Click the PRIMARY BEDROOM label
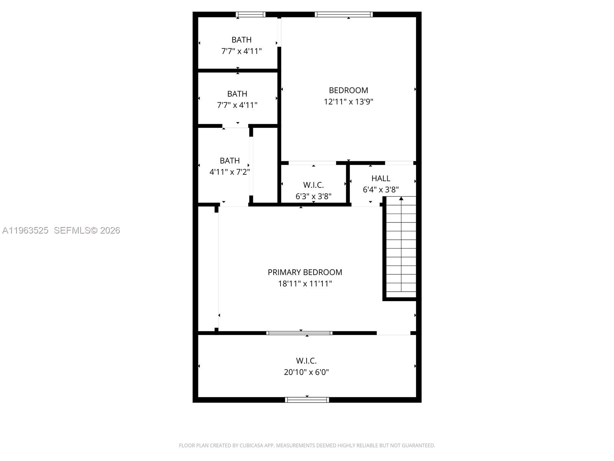[x=305, y=272]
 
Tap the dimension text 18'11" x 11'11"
[x=305, y=284]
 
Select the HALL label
[x=381, y=178]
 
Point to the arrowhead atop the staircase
[x=401, y=199]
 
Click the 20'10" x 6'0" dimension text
[x=306, y=372]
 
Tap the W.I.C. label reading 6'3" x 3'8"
[x=313, y=185]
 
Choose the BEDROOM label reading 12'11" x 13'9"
[x=348, y=90]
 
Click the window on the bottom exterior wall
[x=307, y=400]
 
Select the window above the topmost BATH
[x=250, y=15]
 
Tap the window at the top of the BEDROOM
[x=344, y=15]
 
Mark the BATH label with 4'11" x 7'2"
[x=229, y=161]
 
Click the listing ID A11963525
[x=25, y=230]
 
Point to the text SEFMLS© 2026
[x=87, y=230]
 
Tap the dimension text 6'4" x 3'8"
[x=381, y=189]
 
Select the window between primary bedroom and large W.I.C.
[x=299, y=333]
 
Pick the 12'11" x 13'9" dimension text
[x=348, y=102]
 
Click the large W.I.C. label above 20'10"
[x=306, y=361]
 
